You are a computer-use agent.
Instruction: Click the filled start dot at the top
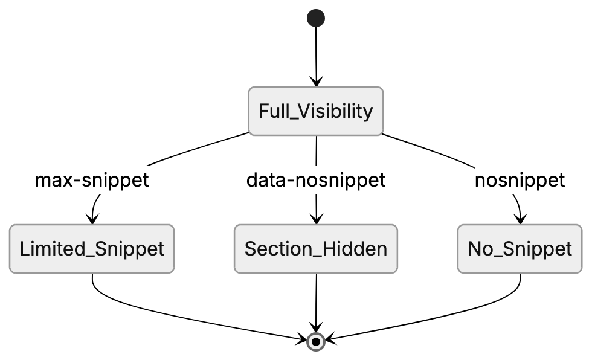click(x=316, y=18)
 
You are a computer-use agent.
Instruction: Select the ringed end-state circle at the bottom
click(x=316, y=342)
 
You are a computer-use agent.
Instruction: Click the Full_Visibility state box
click(x=316, y=111)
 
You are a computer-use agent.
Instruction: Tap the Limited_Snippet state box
click(x=92, y=249)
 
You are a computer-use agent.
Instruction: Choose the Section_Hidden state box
click(x=316, y=249)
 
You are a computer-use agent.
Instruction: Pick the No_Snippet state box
click(x=520, y=249)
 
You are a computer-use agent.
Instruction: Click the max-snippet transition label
click(x=92, y=180)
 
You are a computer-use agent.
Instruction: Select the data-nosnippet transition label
click(x=316, y=180)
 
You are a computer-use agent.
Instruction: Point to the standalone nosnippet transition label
click(x=520, y=180)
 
